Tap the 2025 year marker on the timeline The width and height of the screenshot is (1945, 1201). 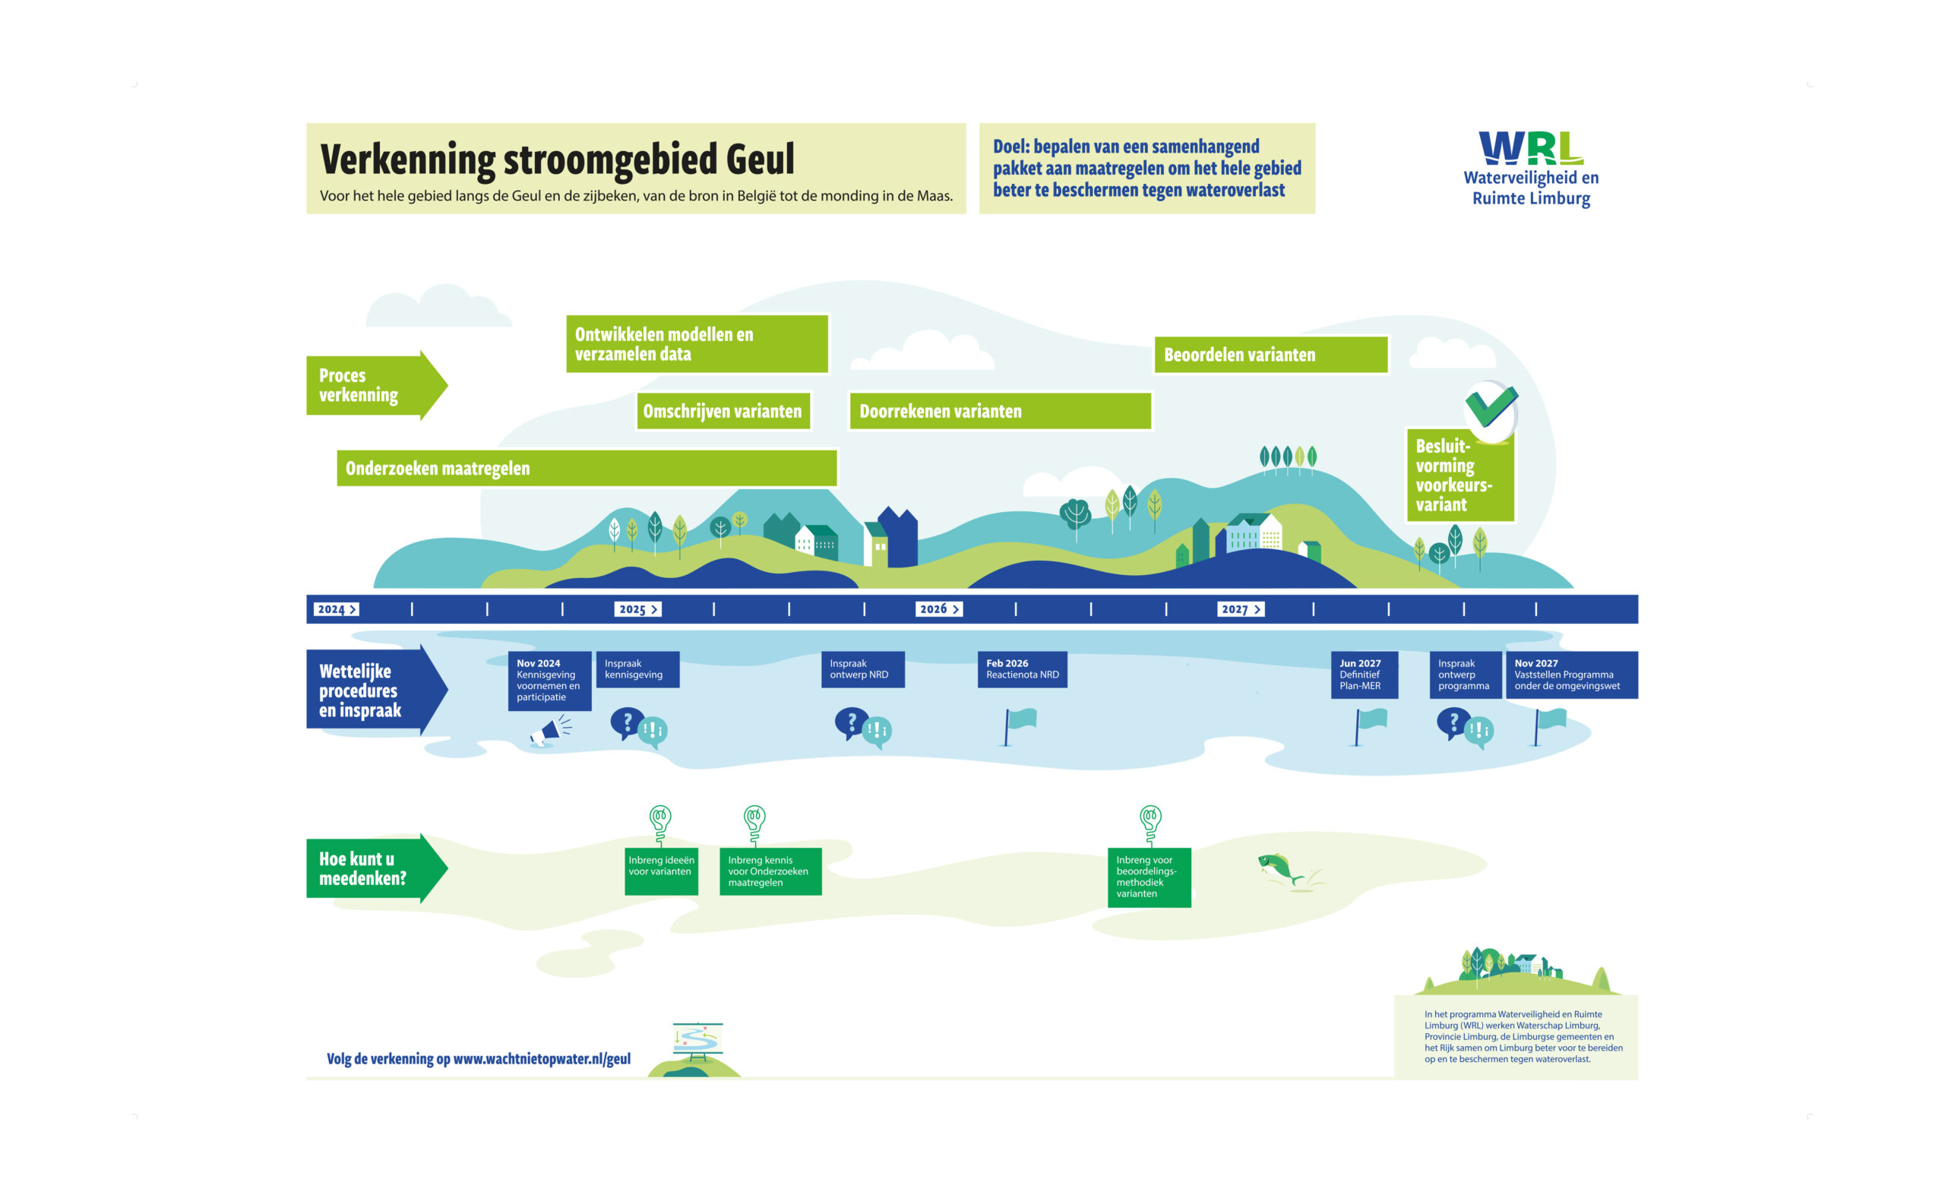tap(637, 609)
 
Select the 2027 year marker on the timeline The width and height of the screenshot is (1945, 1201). tap(1240, 609)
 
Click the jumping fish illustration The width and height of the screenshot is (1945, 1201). tap(1279, 868)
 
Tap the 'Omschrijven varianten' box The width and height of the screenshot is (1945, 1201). tap(723, 411)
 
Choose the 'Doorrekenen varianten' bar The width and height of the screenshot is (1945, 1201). tap(999, 411)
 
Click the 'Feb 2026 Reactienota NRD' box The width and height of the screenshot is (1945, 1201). tap(1021, 668)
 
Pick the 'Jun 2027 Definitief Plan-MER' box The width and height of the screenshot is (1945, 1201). tap(1364, 675)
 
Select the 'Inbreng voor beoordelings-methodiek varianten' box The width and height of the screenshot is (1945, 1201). tap(1149, 876)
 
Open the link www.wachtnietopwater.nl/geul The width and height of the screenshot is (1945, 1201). tap(542, 1058)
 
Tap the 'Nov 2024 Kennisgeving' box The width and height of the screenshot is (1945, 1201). tap(549, 680)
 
